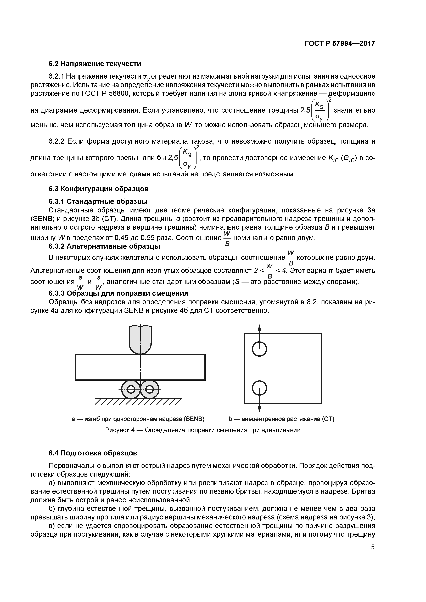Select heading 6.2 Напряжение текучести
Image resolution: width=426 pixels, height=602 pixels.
tap(95, 64)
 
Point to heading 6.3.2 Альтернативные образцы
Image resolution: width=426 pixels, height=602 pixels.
tap(104, 246)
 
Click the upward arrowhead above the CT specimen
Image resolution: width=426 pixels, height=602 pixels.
tap(259, 328)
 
